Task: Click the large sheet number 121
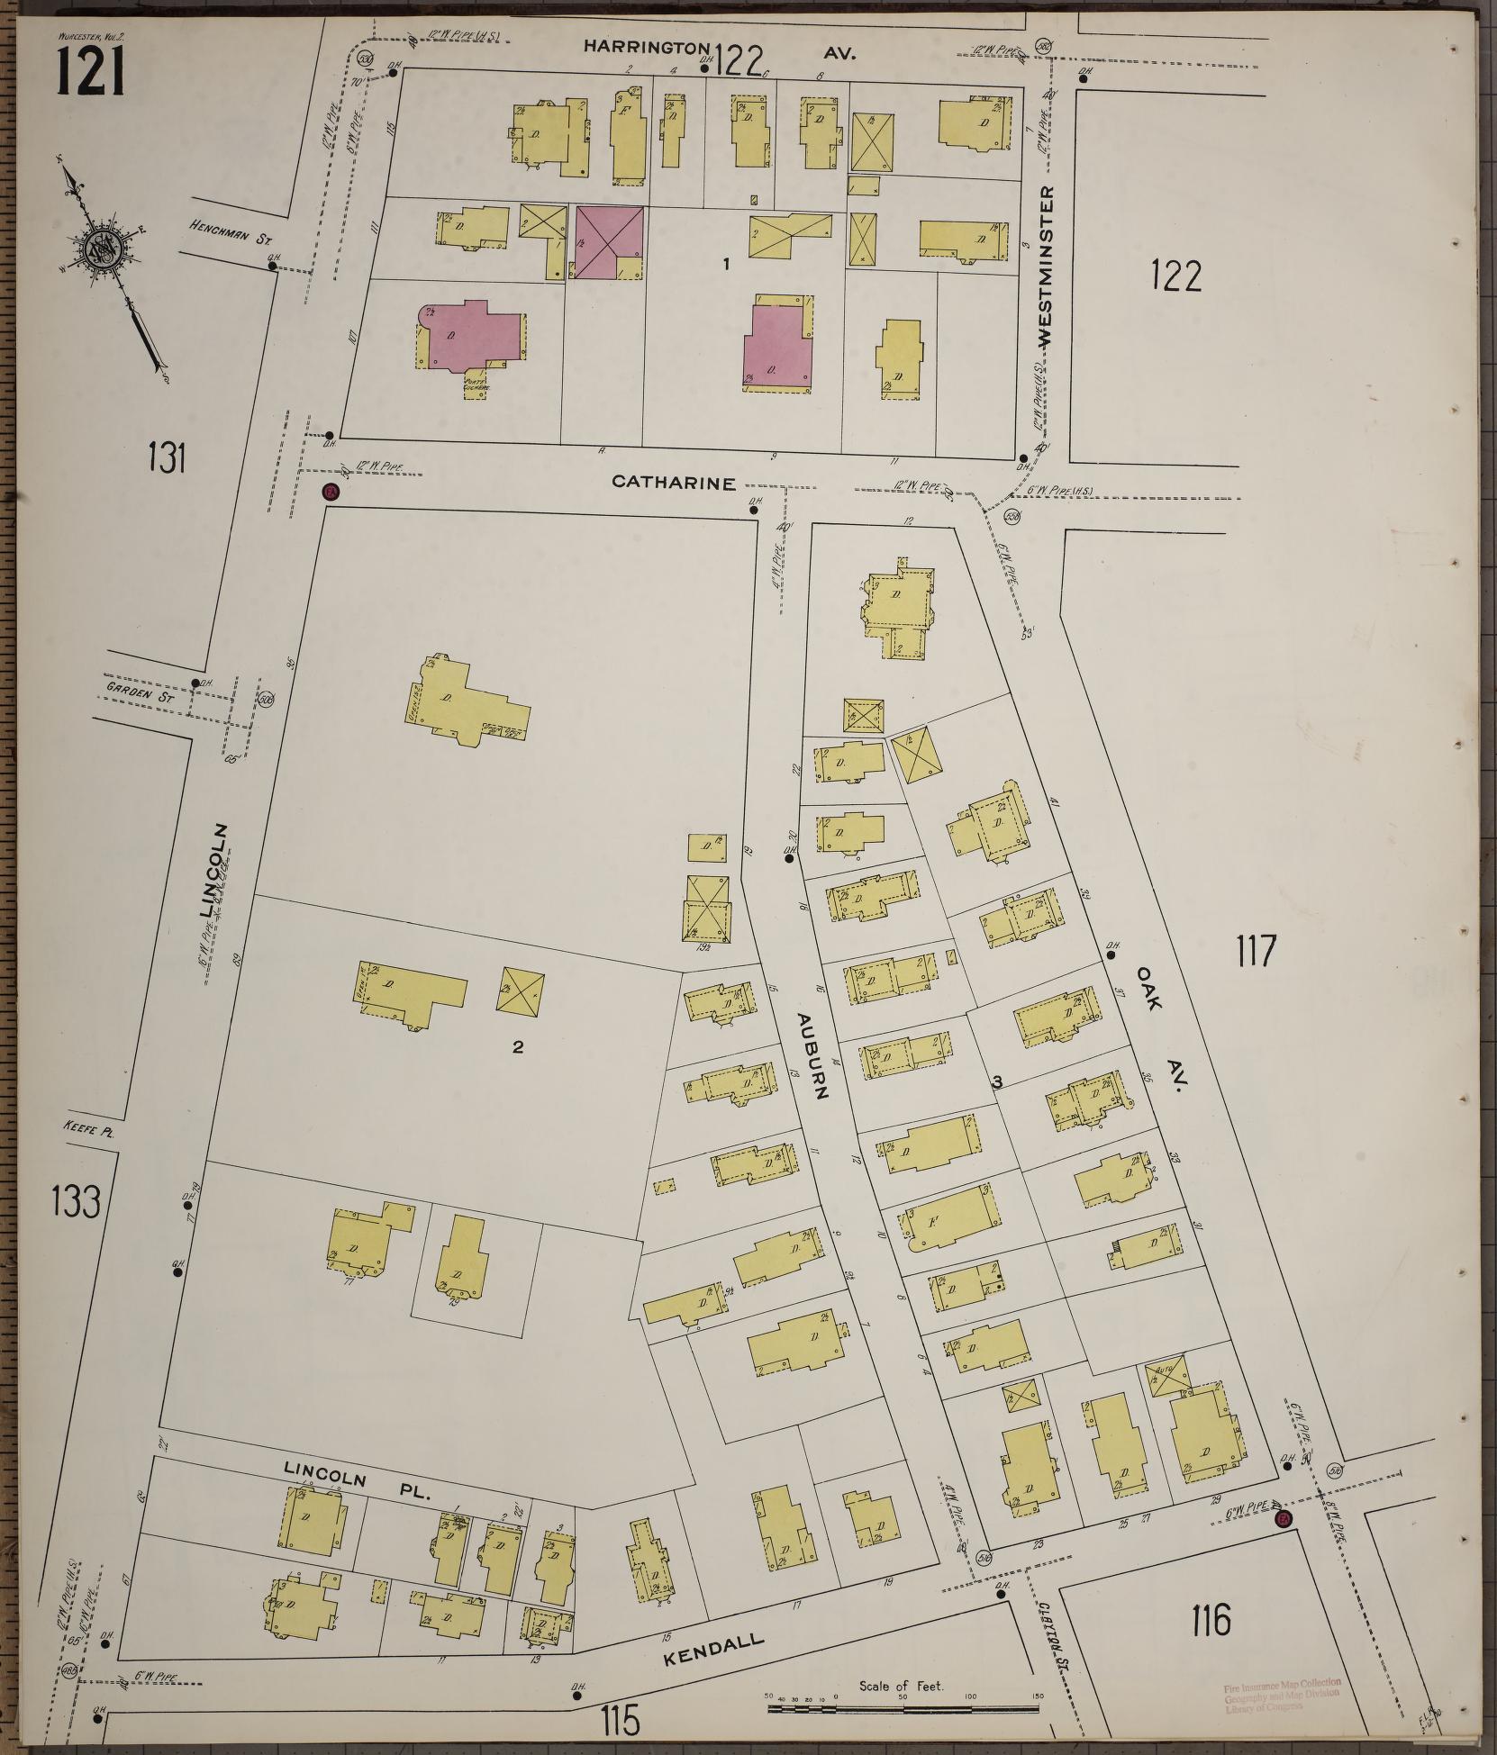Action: tap(90, 71)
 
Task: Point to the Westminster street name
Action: tap(1046, 267)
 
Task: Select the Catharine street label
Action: tap(674, 482)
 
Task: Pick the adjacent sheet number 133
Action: tap(75, 1201)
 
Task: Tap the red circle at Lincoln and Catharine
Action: tap(331, 492)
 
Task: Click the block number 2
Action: tap(517, 1046)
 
